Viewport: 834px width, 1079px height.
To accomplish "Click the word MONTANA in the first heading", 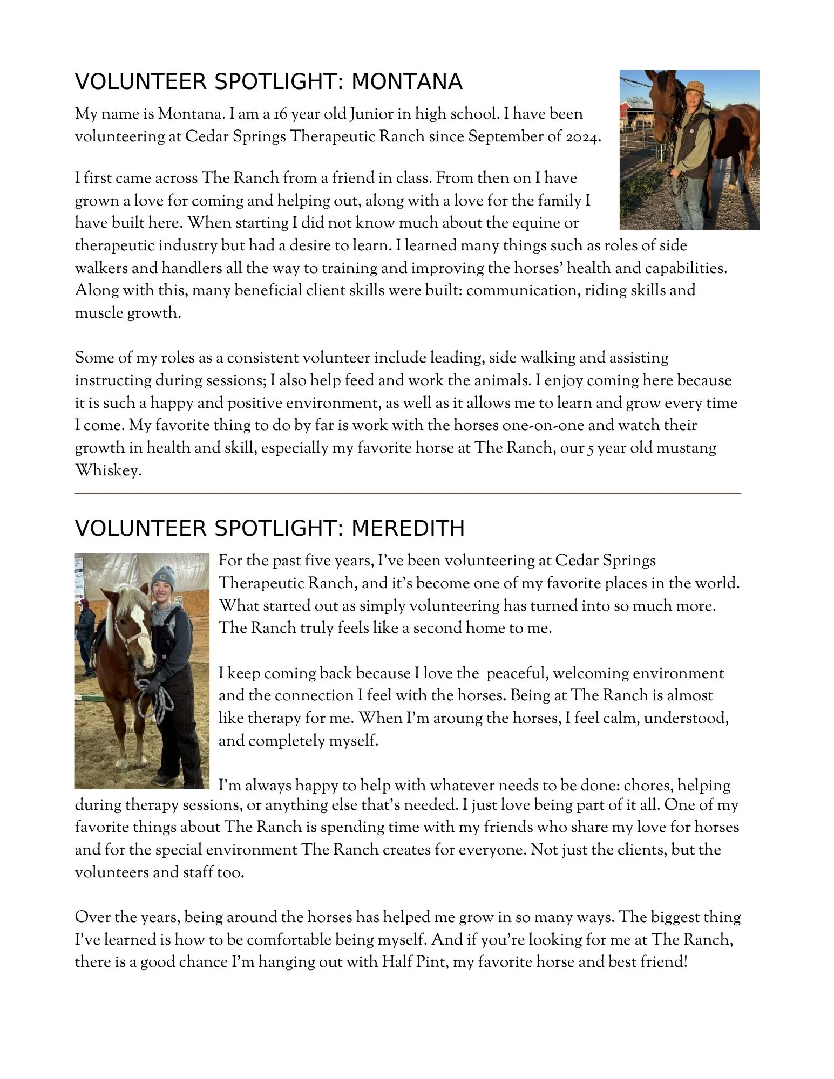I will [406, 82].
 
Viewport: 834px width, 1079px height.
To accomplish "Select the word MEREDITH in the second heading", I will [408, 528].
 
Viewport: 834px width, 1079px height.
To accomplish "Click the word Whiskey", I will [107, 470].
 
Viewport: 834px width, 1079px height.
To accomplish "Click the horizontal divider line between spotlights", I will [408, 493].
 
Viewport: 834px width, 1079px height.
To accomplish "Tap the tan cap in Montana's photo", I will [693, 86].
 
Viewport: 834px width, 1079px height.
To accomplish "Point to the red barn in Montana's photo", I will [630, 112].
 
